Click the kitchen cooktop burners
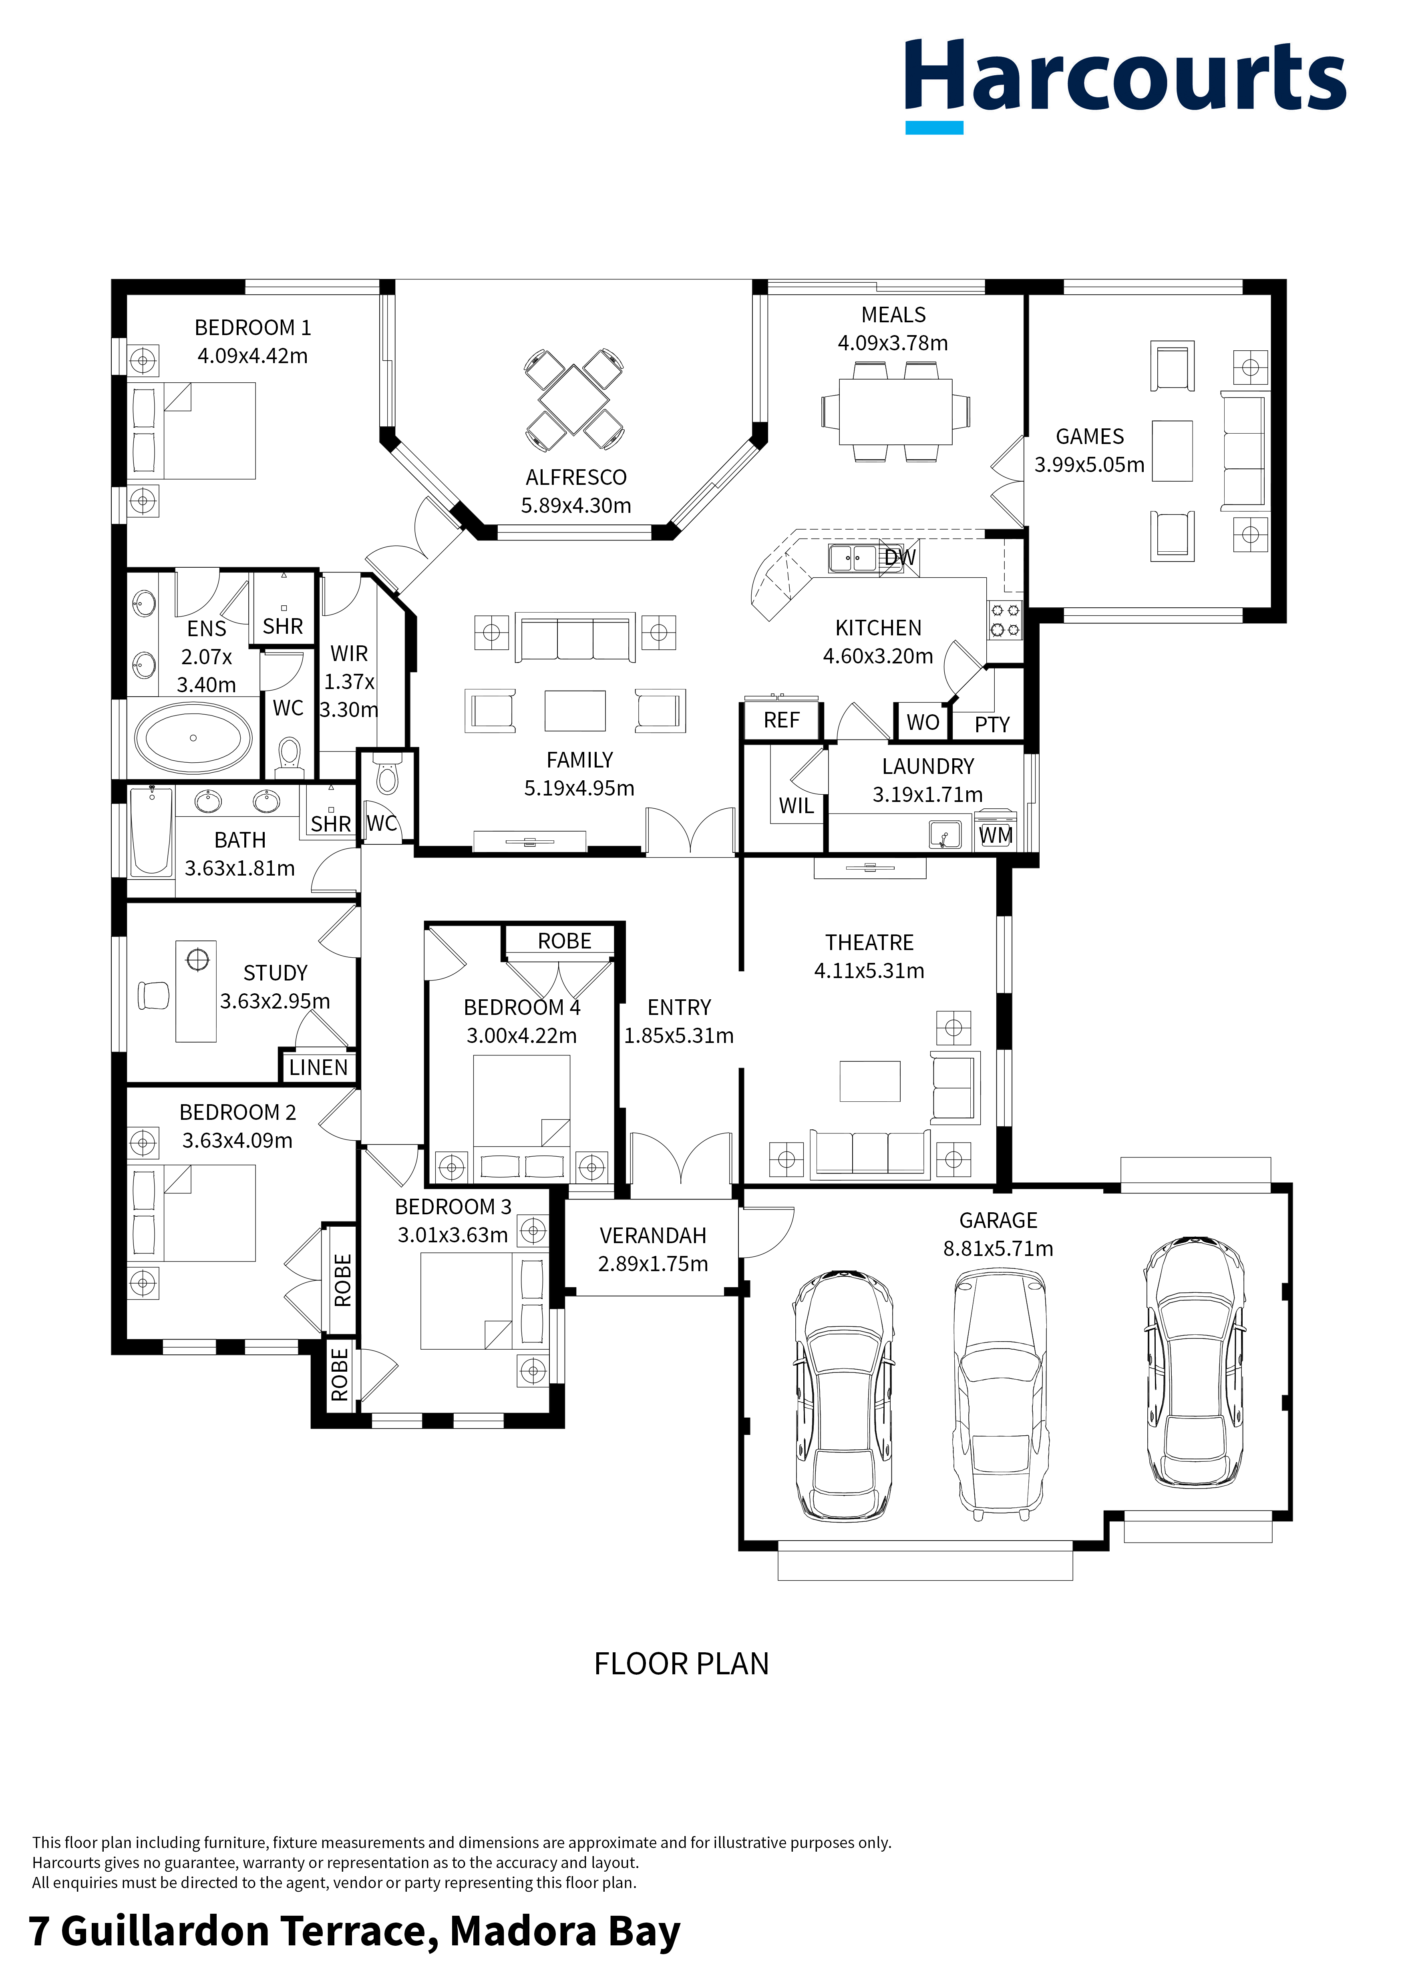(1005, 620)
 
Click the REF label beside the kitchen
(782, 720)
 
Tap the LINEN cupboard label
(318, 1068)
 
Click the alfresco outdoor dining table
(574, 400)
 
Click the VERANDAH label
(653, 1236)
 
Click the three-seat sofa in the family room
(575, 638)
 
